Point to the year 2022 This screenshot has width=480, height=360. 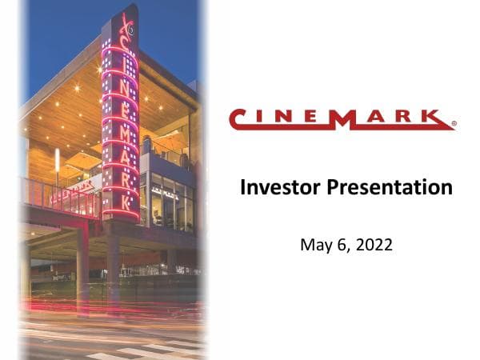(x=374, y=244)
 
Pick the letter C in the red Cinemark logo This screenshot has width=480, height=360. (x=241, y=118)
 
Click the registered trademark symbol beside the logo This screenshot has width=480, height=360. (x=454, y=125)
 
